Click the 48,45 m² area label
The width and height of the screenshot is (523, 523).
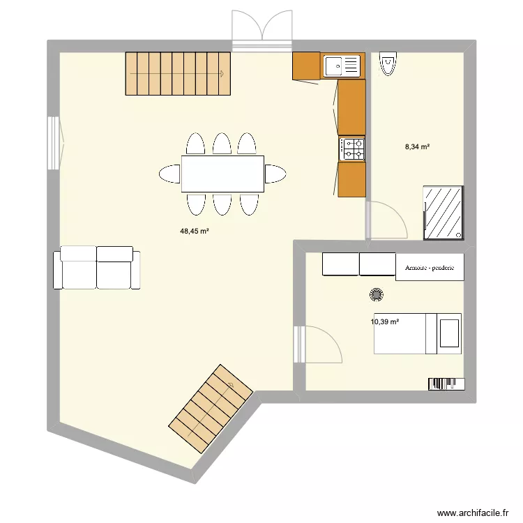pos(195,230)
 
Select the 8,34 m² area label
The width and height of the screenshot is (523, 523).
pos(417,146)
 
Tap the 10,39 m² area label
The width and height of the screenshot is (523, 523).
pos(385,321)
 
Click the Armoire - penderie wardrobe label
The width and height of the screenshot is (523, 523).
pos(429,267)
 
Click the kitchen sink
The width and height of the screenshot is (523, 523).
pos(342,66)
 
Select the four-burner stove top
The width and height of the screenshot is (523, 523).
pos(352,149)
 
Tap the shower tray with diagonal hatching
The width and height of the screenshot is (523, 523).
pos(443,212)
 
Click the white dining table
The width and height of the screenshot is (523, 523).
pos(222,174)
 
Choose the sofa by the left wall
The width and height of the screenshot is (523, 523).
pos(96,267)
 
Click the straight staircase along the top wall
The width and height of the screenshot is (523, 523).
pos(177,73)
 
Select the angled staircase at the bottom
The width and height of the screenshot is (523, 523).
pos(211,408)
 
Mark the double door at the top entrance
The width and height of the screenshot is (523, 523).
pos(261,31)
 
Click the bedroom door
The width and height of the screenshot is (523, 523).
pos(319,344)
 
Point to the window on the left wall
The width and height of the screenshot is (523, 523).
pos(54,143)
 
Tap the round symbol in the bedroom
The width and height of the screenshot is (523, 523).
pos(377,296)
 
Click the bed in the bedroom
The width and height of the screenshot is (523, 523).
pos(418,333)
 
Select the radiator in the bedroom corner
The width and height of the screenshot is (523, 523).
pos(445,384)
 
